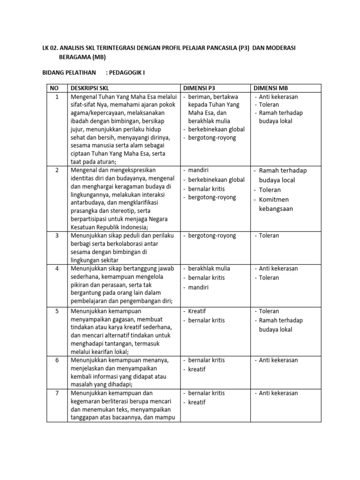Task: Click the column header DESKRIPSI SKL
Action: pyautogui.click(x=92, y=88)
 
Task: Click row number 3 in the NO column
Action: pyautogui.click(x=57, y=236)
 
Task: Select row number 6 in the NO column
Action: pyautogui.click(x=57, y=360)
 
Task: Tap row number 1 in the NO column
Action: pyautogui.click(x=57, y=97)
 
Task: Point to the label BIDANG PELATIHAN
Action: pyautogui.click(x=68, y=73)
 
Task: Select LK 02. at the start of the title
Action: pyautogui.click(x=52, y=48)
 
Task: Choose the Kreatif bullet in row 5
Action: pyautogui.click(x=197, y=311)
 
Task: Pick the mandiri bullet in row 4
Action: pyautogui.click(x=198, y=287)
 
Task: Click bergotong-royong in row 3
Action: pyautogui.click(x=212, y=236)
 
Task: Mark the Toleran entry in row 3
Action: pyautogui.click(x=269, y=236)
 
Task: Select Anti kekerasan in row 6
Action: pyautogui.click(x=278, y=360)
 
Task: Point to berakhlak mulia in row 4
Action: pyautogui.click(x=209, y=269)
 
